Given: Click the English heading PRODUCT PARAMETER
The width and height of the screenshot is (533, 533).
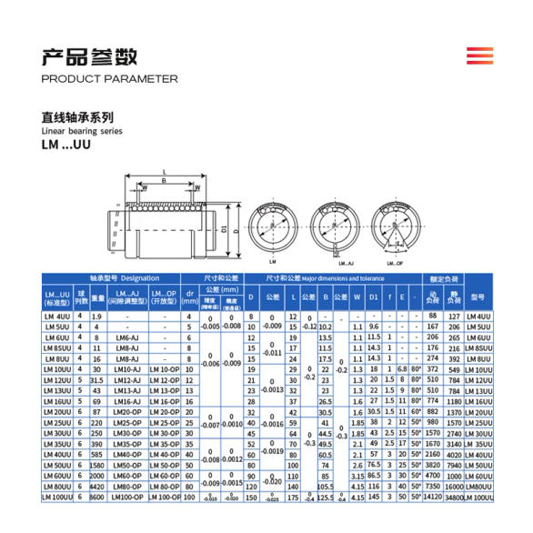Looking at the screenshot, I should pyautogui.click(x=110, y=79).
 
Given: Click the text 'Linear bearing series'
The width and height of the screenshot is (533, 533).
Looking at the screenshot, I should pyautogui.click(x=81, y=131).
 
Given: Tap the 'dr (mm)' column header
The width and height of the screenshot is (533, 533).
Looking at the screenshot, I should pyautogui.click(x=190, y=297).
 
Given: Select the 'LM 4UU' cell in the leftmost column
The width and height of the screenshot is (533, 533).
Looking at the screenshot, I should pyautogui.click(x=56, y=316).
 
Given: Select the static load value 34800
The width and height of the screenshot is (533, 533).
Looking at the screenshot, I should pyautogui.click(x=456, y=498).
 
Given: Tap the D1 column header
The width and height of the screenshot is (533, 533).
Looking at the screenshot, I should pyautogui.click(x=373, y=297).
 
